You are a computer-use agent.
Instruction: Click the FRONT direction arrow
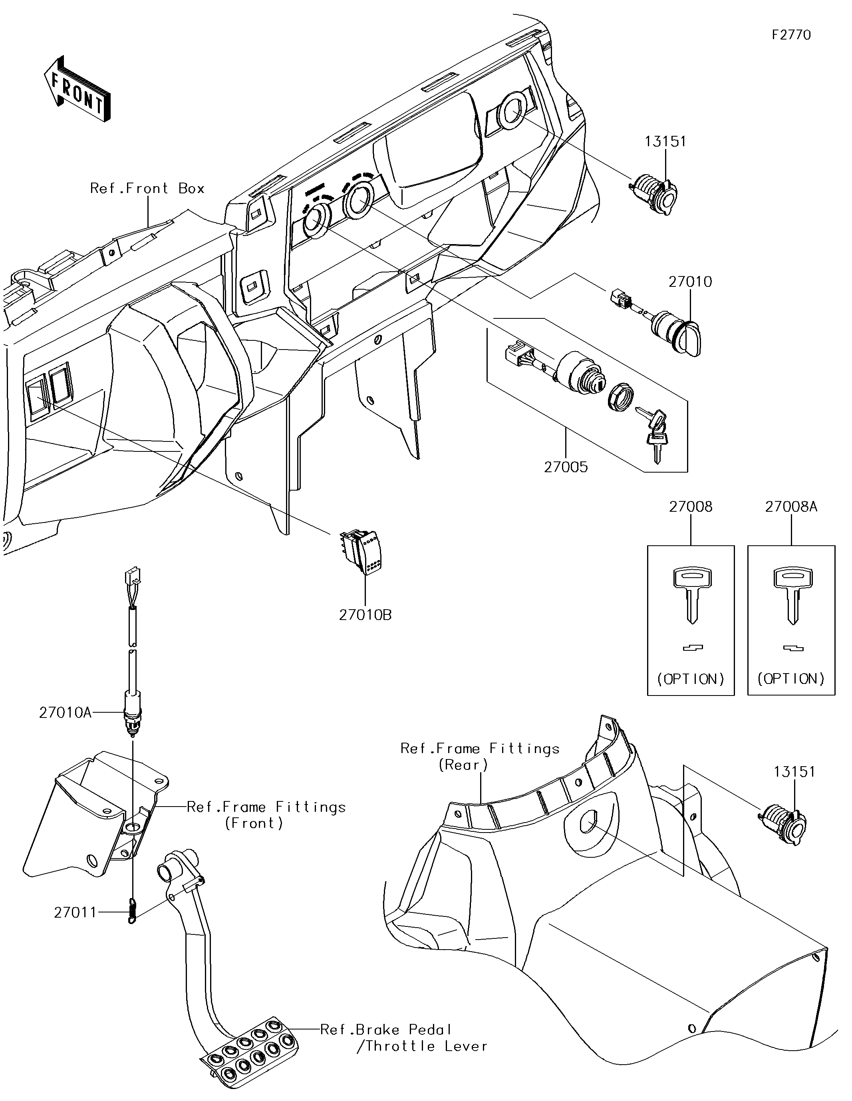tap(77, 89)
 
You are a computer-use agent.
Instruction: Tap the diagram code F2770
tap(791, 35)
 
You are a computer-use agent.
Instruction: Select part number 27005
tap(566, 467)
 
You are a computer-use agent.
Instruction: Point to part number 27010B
tap(365, 615)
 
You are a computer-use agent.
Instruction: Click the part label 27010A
tap(65, 713)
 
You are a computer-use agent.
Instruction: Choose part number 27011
tap(75, 913)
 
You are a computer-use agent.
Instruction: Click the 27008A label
tap(790, 507)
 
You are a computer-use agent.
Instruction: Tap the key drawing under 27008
tap(692, 595)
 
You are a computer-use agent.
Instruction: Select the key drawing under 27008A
tap(792, 595)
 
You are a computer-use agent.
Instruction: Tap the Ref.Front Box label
tap(147, 189)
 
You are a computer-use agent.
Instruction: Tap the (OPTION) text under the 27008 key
tap(691, 679)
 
